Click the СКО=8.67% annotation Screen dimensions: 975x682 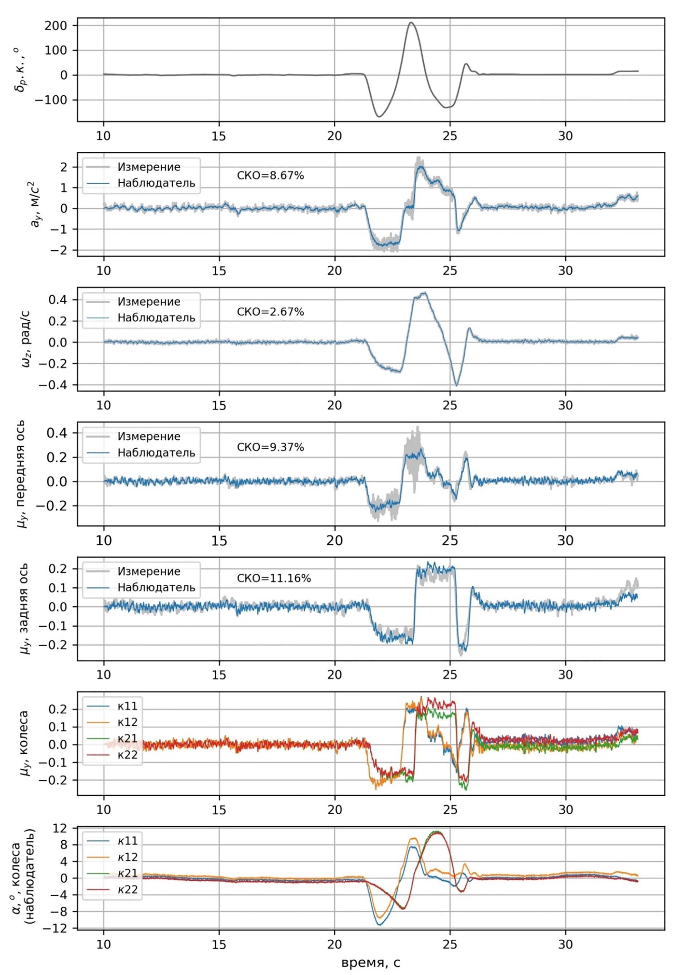click(270, 175)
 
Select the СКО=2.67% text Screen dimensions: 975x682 click(270, 312)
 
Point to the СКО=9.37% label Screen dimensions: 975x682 click(270, 447)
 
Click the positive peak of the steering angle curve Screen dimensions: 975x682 click(411, 23)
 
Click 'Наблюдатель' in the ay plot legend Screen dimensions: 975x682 click(156, 183)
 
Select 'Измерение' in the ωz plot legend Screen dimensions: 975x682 click(149, 302)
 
